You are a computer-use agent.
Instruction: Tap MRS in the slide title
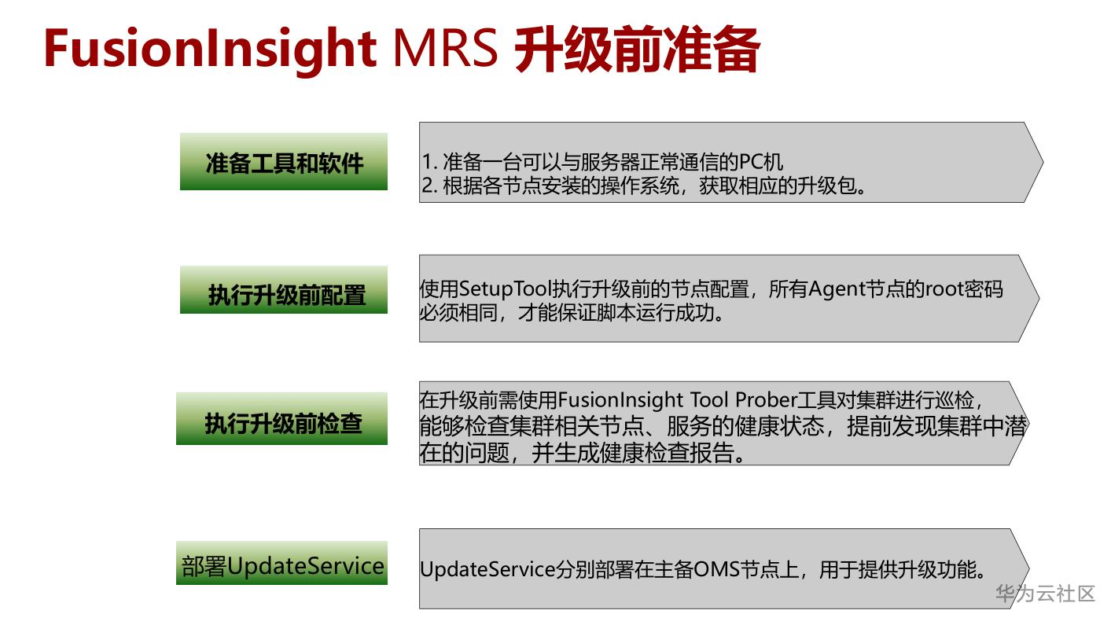point(445,48)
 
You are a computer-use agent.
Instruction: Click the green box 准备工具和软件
point(284,162)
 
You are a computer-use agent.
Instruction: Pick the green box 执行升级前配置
point(284,289)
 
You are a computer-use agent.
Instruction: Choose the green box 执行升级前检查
point(281,419)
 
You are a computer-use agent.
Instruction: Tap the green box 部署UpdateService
point(281,563)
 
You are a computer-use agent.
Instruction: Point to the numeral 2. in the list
point(429,186)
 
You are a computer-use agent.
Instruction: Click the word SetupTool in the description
point(506,289)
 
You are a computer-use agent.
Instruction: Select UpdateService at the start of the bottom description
point(487,569)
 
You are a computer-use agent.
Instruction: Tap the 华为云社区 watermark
point(1045,594)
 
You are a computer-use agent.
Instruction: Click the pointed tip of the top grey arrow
point(1043,162)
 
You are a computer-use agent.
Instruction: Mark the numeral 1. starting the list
point(429,162)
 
